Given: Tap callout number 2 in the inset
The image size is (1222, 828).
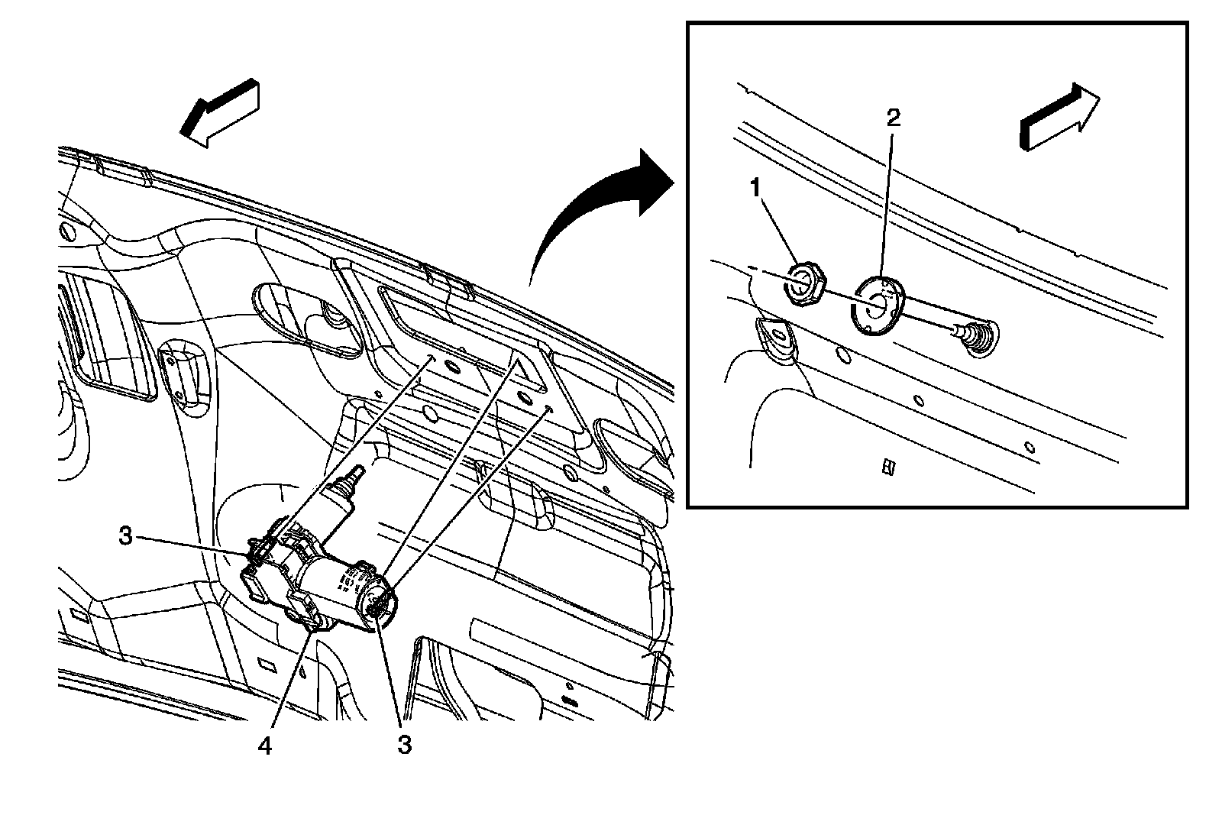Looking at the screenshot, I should click(x=893, y=117).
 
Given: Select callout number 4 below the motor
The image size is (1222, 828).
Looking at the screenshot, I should click(x=264, y=746).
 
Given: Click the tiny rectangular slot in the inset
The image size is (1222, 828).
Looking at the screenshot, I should click(x=887, y=466).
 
